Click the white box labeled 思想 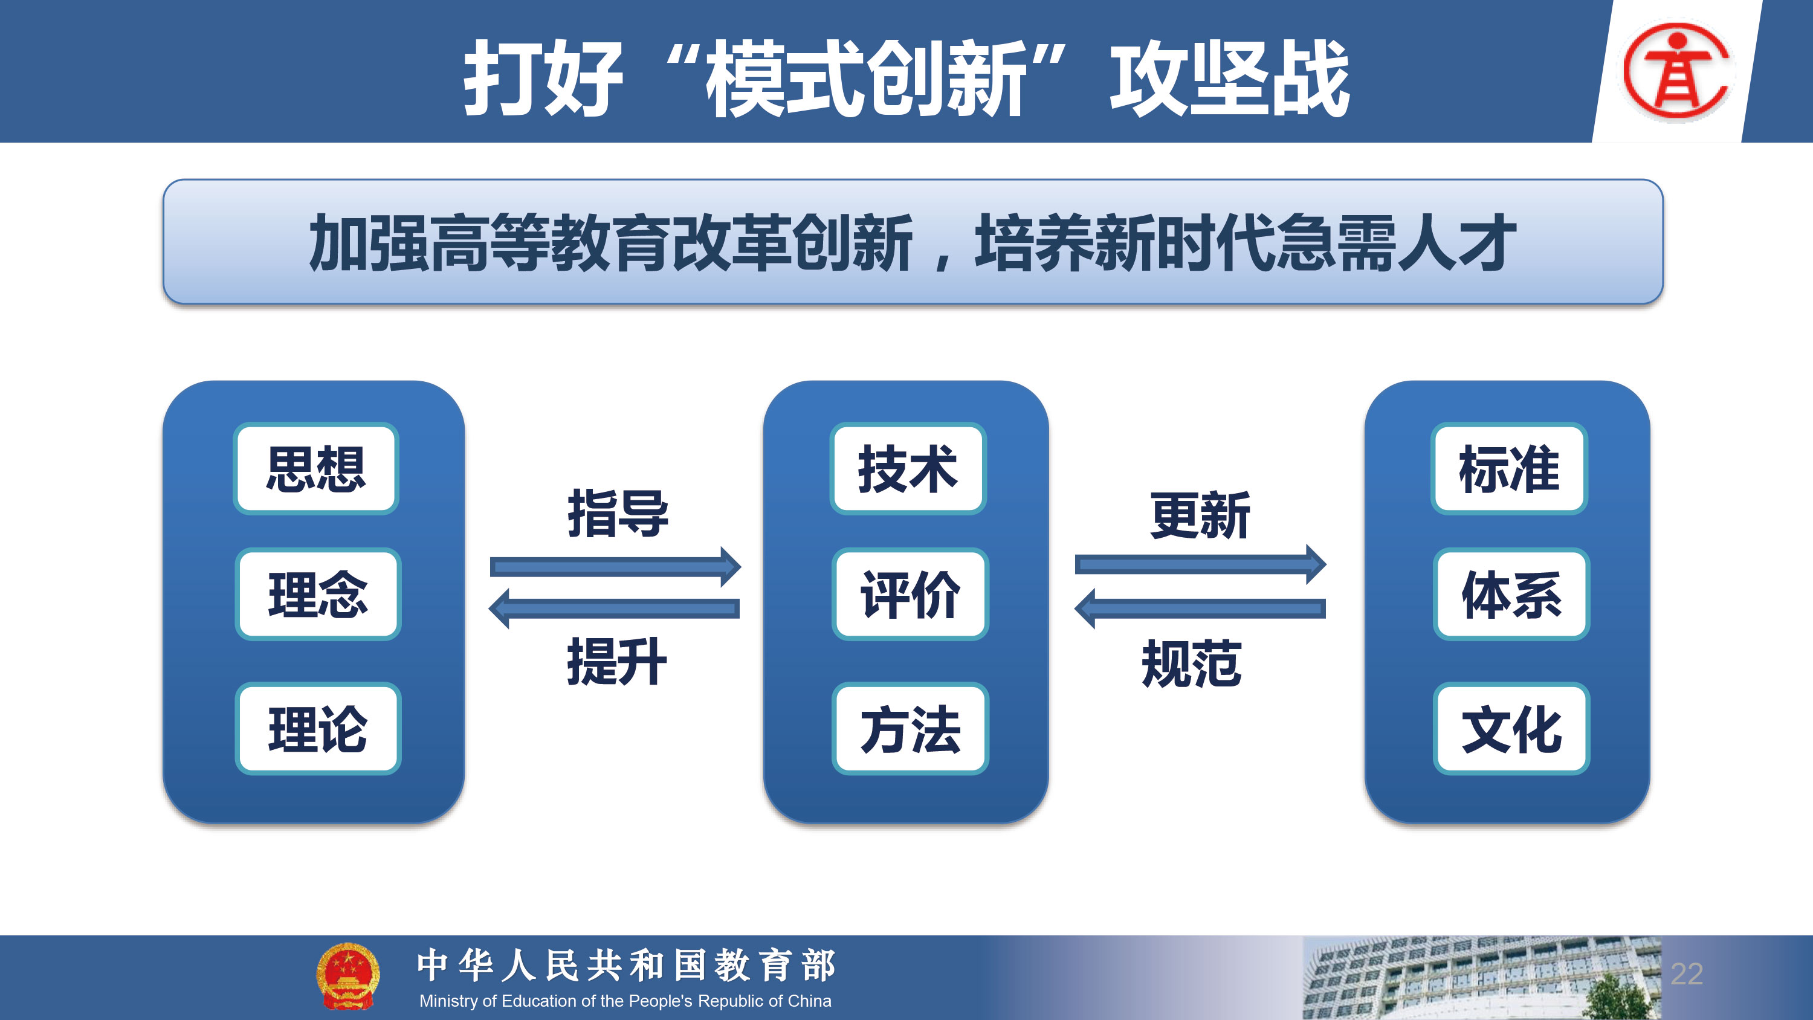(x=316, y=468)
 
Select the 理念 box (x=318, y=594)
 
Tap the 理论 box (x=318, y=729)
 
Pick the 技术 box (x=908, y=468)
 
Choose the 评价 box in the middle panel (x=910, y=594)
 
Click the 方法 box (x=910, y=729)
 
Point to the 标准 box (x=1509, y=468)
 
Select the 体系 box (x=1511, y=594)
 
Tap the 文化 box (x=1511, y=729)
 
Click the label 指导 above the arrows (x=618, y=513)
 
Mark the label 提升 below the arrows (x=616, y=661)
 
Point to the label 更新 (x=1200, y=515)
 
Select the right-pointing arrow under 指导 (x=615, y=567)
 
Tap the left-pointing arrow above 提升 (x=614, y=609)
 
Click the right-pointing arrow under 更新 (x=1200, y=564)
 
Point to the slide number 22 (x=1687, y=973)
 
